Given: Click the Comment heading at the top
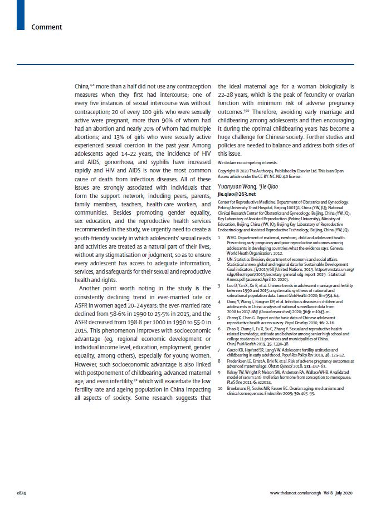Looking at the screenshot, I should tap(47, 27).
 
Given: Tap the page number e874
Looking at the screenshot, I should tap(25, 493).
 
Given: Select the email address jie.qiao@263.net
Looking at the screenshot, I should tap(237, 194).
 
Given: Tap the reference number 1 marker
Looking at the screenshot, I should tap(219, 237).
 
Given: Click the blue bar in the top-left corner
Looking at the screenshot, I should tap(21, 14).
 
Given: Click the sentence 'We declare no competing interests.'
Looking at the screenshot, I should tap(244, 161).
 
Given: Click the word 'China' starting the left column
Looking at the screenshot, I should tap(81, 87).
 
